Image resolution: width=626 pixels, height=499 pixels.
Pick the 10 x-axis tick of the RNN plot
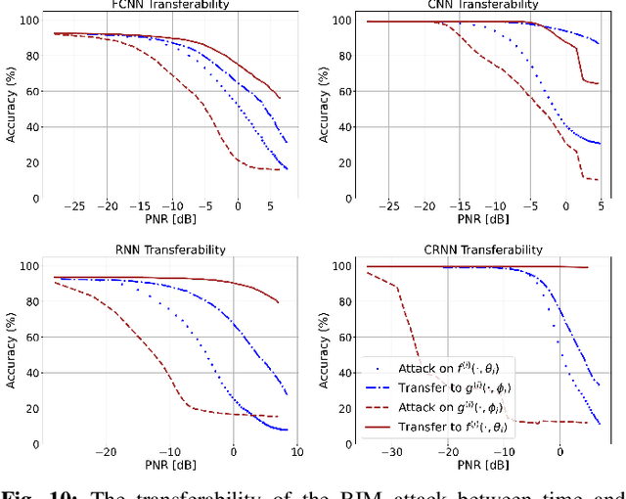pyautogui.click(x=295, y=453)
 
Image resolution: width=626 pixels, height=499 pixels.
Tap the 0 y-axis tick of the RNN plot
pyautogui.click(x=36, y=444)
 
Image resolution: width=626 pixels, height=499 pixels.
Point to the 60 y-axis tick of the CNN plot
pyautogui.click(x=345, y=93)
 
